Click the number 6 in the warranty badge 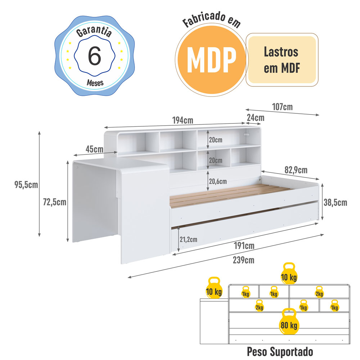94,55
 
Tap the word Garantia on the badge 94,32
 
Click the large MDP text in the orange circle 211,60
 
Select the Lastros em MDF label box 282,60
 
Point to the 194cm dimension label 183,120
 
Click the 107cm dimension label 282,107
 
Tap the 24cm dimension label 256,118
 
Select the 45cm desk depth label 94,149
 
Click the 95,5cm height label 26,185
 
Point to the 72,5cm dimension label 55,202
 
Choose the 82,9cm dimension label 296,170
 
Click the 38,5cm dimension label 335,202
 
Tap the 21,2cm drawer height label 188,239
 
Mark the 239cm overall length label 244,260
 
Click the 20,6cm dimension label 218,181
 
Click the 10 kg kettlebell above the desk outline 214,288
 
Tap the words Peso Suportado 280,352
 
